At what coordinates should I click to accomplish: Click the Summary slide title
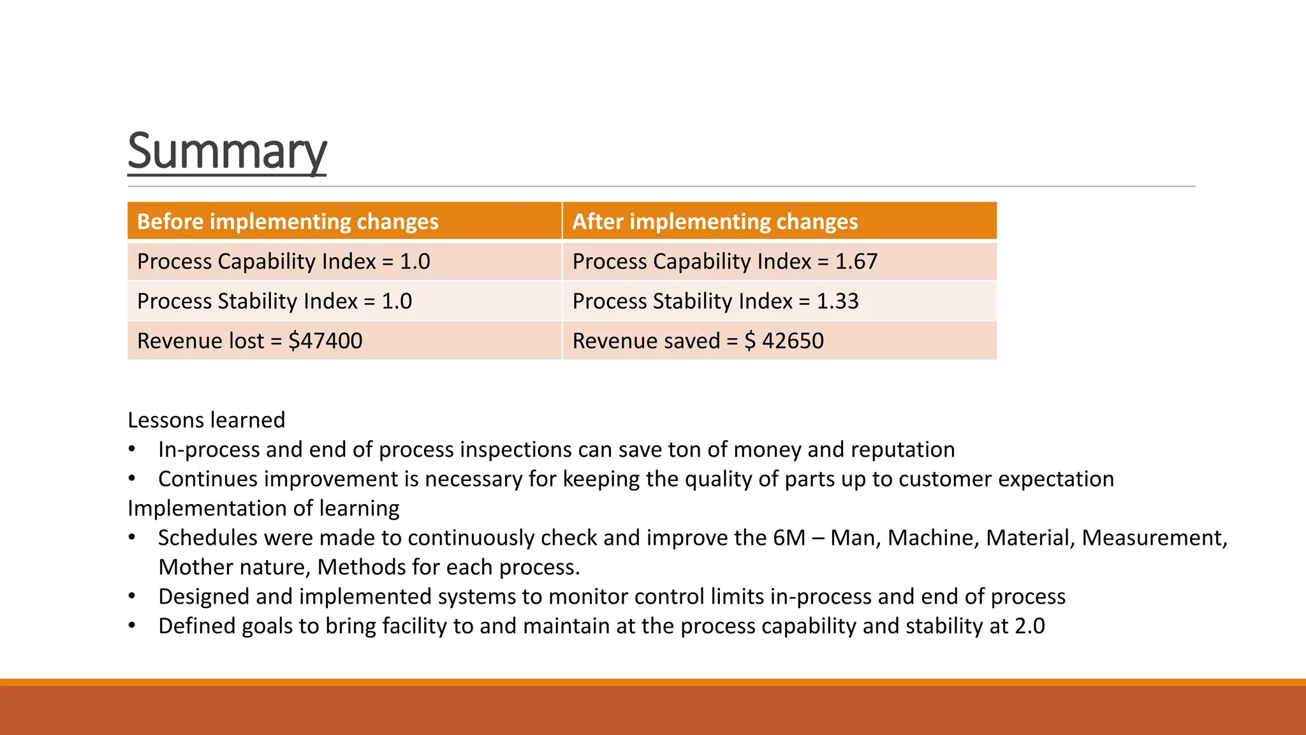pyautogui.click(x=227, y=151)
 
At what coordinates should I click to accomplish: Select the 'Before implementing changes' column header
pyautogui.click(x=288, y=221)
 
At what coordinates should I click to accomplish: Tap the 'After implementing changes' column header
pyautogui.click(x=715, y=221)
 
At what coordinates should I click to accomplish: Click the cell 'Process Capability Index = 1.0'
pyautogui.click(x=283, y=262)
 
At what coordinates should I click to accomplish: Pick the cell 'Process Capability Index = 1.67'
pyautogui.click(x=724, y=262)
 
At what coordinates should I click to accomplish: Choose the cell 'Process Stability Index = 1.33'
pyautogui.click(x=715, y=301)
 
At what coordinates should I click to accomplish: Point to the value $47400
pyautogui.click(x=325, y=341)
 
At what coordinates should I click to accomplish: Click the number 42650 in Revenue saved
pyautogui.click(x=793, y=341)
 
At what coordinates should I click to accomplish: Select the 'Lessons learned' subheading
pyautogui.click(x=206, y=420)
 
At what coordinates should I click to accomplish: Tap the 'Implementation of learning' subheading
pyautogui.click(x=263, y=508)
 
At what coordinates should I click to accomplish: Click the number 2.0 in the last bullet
pyautogui.click(x=1029, y=626)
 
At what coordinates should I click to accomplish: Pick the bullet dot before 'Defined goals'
pyautogui.click(x=132, y=626)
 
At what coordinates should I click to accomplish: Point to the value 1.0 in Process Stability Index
pyautogui.click(x=397, y=301)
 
